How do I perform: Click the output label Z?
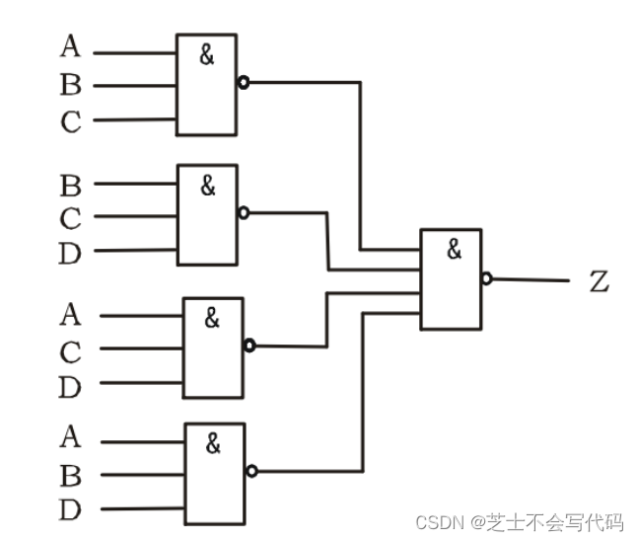point(600,282)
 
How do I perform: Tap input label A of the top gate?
point(70,46)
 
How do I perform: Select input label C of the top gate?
point(70,122)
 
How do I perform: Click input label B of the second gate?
point(70,185)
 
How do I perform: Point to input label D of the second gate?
point(70,254)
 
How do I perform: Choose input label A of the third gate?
point(70,315)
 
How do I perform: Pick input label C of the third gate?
point(70,352)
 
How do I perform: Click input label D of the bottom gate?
point(70,510)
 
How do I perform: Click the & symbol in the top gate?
point(206,55)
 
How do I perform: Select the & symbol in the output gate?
point(453,250)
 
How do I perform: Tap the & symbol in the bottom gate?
point(213,444)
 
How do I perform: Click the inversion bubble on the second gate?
point(244,212)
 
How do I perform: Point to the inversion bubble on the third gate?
point(249,346)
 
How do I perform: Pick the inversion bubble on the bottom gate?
point(252,471)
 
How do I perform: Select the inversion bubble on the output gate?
point(487,279)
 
